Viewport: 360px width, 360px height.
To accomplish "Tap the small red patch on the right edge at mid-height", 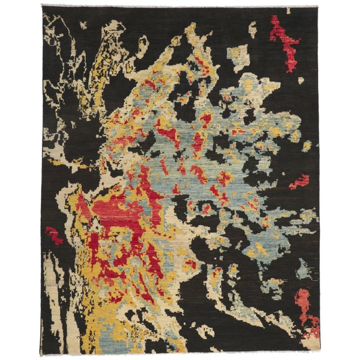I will pos(299,182).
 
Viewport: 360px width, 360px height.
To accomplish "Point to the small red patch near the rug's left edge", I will pos(54,235).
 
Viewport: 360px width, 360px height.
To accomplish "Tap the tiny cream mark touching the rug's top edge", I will pos(288,10).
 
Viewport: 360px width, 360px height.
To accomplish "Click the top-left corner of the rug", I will pos(42,7).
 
